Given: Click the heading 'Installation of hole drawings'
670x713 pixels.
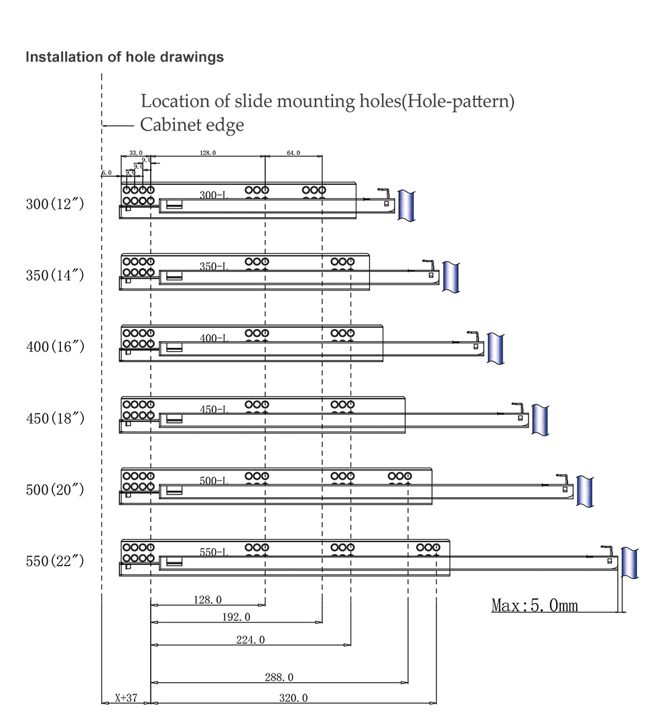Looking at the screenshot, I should [x=125, y=57].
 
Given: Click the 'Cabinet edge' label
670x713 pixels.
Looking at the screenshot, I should [x=192, y=125].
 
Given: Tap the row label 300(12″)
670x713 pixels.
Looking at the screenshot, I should [x=55, y=204].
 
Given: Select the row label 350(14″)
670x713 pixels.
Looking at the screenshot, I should [x=55, y=275].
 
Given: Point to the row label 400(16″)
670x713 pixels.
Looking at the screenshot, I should [x=55, y=347].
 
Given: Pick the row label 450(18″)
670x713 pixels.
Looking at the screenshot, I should [x=55, y=419].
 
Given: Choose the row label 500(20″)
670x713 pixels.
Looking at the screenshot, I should [x=55, y=490].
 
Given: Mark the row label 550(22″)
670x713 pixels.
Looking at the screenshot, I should [x=55, y=562].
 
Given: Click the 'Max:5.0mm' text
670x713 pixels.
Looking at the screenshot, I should [x=535, y=606].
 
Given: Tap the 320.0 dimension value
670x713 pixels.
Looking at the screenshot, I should [x=293, y=698].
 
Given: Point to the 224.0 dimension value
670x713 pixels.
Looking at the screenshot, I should [x=251, y=640].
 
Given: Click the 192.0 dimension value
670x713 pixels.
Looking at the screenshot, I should [x=236, y=617].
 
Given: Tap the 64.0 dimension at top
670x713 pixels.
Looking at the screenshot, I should [x=293, y=153].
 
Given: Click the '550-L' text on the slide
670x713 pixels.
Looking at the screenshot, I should [x=214, y=553].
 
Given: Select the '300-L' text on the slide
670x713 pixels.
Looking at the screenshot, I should [x=214, y=195].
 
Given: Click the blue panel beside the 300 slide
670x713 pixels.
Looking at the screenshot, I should [x=406, y=206].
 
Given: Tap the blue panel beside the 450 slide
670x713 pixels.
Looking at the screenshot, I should [x=540, y=419].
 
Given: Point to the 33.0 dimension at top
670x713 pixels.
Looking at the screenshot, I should [x=136, y=153].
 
